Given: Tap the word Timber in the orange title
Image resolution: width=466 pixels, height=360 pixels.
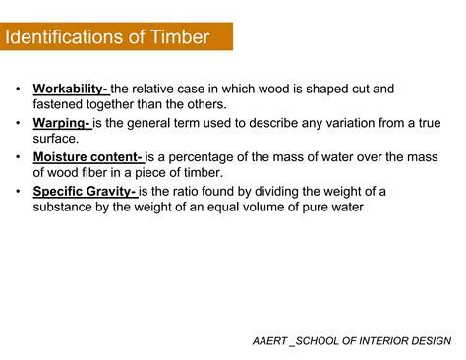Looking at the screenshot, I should point(181,37).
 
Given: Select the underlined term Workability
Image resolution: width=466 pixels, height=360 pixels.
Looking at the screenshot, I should point(70,89).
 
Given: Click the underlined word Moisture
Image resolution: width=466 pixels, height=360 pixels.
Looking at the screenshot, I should point(62,157).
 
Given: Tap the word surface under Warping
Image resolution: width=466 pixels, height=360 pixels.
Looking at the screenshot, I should point(55,139).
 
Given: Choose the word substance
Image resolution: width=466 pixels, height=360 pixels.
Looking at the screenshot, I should point(66,207).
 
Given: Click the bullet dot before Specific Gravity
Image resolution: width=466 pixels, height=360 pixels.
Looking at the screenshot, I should point(18,191).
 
